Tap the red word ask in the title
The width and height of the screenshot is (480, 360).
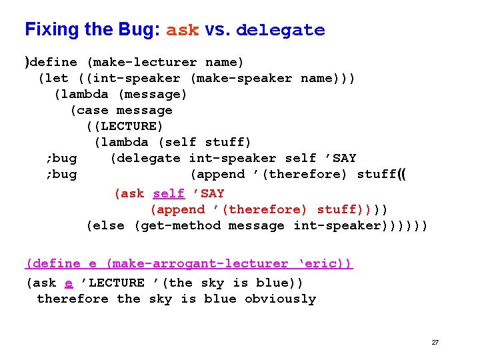tap(182, 31)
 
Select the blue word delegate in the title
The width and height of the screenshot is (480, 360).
tap(280, 31)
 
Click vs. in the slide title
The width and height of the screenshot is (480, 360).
tap(217, 31)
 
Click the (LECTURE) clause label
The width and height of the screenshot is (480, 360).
tap(125, 126)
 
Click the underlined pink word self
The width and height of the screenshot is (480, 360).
tap(169, 193)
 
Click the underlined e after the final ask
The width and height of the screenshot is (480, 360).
tap(69, 283)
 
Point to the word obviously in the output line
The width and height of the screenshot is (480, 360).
tap(280, 299)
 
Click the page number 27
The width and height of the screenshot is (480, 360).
tap(435, 342)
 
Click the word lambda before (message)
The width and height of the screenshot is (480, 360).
tap(85, 94)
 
